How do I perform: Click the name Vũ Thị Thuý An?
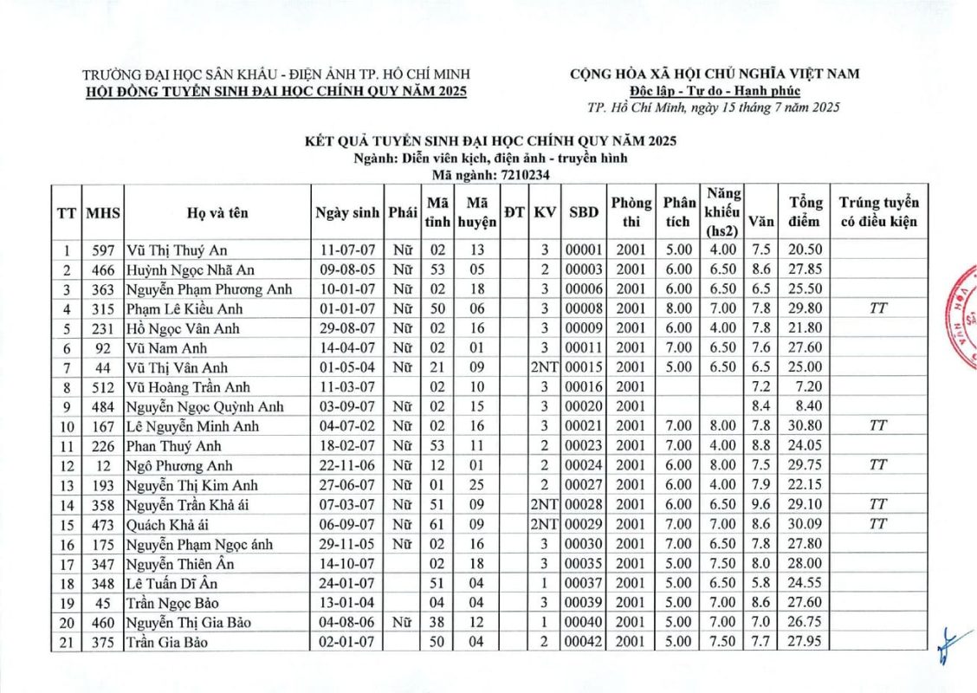(177, 250)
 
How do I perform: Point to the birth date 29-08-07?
(346, 328)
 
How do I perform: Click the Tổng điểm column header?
(806, 212)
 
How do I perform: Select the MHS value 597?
(103, 250)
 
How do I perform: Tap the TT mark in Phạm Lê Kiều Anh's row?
(878, 308)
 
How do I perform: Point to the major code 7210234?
(523, 174)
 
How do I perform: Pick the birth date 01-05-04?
(346, 367)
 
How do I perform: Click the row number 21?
(66, 642)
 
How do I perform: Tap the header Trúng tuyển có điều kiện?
(878, 212)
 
